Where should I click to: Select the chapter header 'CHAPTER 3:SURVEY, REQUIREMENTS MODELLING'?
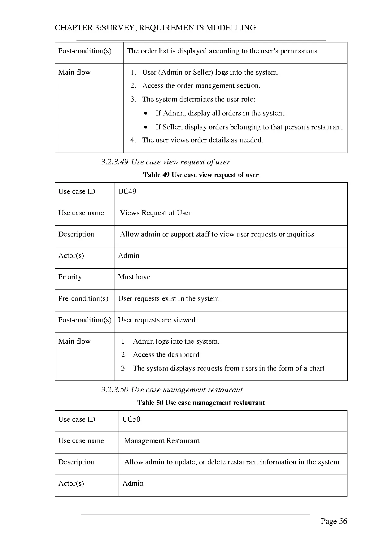[x=155, y=28]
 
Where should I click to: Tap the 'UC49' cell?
[x=127, y=191]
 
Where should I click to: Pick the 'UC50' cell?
[x=131, y=419]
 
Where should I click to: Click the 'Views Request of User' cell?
[x=155, y=213]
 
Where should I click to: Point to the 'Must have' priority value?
[x=134, y=277]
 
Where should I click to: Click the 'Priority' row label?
[x=70, y=277]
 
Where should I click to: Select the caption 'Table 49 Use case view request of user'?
[x=201, y=175]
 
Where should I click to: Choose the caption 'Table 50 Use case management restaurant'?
[x=201, y=402]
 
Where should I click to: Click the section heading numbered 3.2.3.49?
[x=165, y=162]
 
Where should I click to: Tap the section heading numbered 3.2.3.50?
[x=172, y=389]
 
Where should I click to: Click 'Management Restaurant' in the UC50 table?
[x=162, y=441]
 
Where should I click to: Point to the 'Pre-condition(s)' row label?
[x=83, y=298]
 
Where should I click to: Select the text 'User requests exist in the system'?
[x=168, y=298]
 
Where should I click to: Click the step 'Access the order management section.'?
[x=201, y=85]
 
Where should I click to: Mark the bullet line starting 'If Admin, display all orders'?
[x=220, y=113]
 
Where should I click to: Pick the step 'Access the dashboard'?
[x=166, y=354]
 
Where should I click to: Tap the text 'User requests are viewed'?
[x=157, y=320]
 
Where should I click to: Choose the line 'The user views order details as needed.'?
[x=202, y=140]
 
